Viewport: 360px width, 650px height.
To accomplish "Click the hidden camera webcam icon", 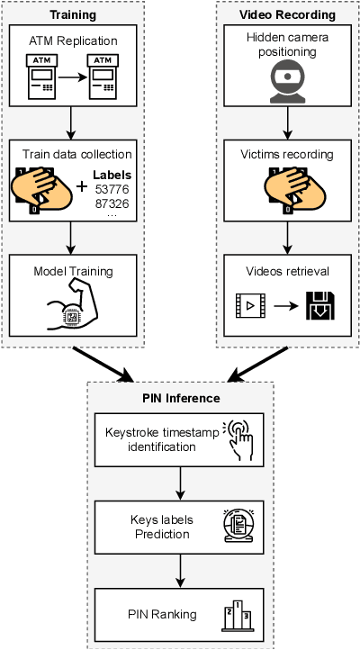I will tap(288, 77).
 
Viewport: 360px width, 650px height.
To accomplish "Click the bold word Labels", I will tap(112, 176).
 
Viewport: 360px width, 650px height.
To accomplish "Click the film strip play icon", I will tap(249, 306).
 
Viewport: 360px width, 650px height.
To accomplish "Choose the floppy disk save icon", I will tap(321, 306).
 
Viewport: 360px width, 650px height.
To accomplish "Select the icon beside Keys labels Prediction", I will tap(239, 527).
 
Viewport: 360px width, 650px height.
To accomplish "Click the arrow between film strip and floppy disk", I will tap(285, 307).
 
